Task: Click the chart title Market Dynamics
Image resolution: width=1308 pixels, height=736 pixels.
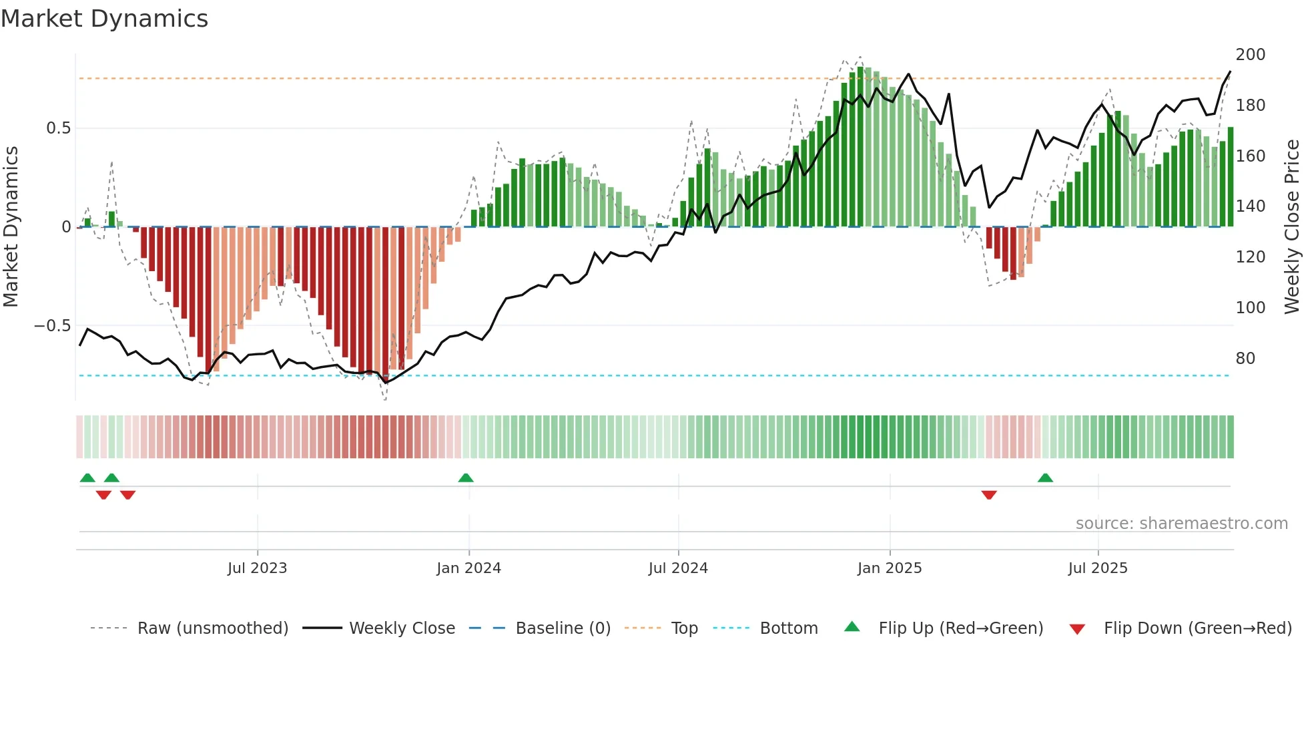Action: [x=104, y=19]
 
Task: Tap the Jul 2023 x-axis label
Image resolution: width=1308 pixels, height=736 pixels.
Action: [x=257, y=568]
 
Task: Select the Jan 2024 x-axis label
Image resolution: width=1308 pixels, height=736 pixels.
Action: [x=468, y=568]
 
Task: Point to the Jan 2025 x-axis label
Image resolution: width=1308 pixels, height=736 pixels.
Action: [x=890, y=568]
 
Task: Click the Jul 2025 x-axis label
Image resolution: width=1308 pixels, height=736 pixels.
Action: [x=1098, y=568]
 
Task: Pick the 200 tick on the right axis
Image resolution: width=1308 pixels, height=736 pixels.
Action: [x=1250, y=55]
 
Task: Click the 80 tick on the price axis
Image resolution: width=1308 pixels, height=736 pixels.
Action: [x=1245, y=359]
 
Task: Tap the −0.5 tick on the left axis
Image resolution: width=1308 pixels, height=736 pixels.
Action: [x=52, y=326]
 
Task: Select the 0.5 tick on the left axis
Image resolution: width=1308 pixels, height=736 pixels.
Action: [x=58, y=128]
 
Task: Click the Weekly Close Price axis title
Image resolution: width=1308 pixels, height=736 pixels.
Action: [x=1292, y=227]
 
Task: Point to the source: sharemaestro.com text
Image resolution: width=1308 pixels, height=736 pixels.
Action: [x=1181, y=524]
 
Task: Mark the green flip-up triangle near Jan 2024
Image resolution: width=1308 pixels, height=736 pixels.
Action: [x=466, y=478]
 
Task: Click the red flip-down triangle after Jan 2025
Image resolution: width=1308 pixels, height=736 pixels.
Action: [x=989, y=495]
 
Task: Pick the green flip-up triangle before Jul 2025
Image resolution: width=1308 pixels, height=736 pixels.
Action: [x=1045, y=478]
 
